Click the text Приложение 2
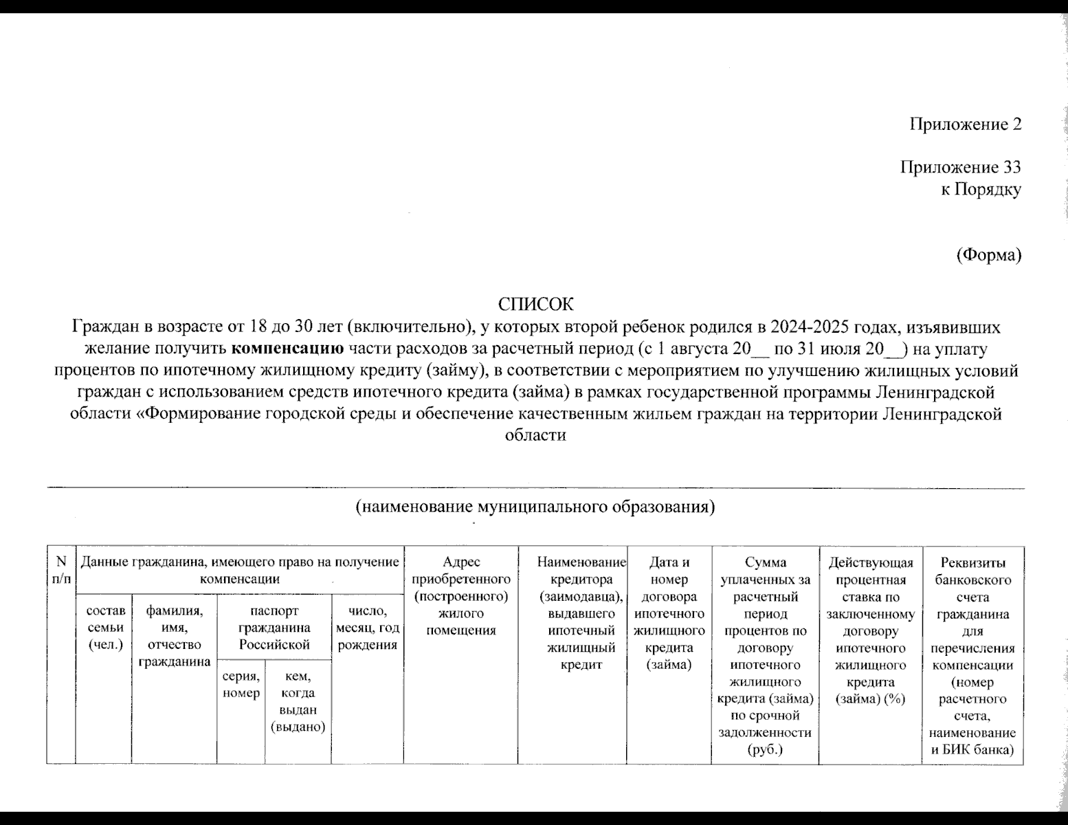pyautogui.click(x=965, y=124)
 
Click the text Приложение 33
pyautogui.click(x=960, y=168)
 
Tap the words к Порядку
pyautogui.click(x=981, y=190)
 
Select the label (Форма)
pyautogui.click(x=989, y=255)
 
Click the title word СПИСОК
pyautogui.click(x=535, y=305)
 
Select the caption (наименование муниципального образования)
pyautogui.click(x=535, y=507)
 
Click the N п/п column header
pyautogui.click(x=61, y=571)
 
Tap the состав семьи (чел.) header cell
pyautogui.click(x=105, y=628)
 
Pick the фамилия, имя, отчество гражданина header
pyautogui.click(x=175, y=637)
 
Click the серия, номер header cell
pyautogui.click(x=241, y=684)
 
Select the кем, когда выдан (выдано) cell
pyautogui.click(x=298, y=701)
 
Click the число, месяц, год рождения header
pyautogui.click(x=368, y=628)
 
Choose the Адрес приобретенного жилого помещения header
pyautogui.click(x=461, y=596)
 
